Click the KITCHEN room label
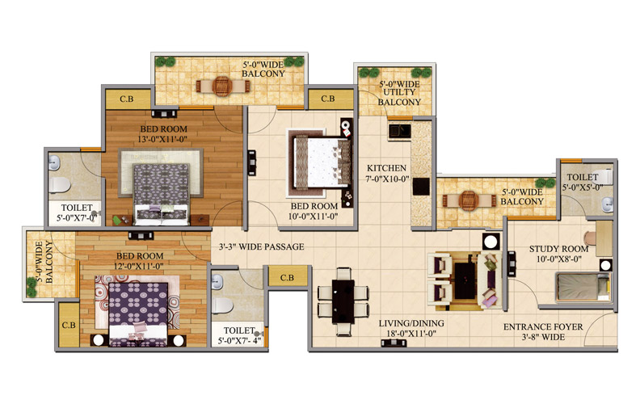click(x=386, y=168)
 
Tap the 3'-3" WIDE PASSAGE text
click(x=261, y=247)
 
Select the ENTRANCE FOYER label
click(x=543, y=327)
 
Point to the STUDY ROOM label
click(x=558, y=249)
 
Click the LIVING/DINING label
click(x=411, y=324)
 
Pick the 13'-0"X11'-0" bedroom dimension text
click(x=162, y=140)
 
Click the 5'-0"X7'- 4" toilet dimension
click(x=239, y=341)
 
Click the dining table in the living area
click(x=343, y=301)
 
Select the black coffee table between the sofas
click(x=465, y=280)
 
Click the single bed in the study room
click(x=583, y=288)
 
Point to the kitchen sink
click(x=399, y=131)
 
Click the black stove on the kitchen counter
click(x=420, y=186)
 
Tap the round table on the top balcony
click(x=222, y=86)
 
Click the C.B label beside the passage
click(x=287, y=277)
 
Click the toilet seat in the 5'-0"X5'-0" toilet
click(x=604, y=176)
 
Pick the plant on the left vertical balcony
click(x=32, y=286)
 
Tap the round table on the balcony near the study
click(x=469, y=200)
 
